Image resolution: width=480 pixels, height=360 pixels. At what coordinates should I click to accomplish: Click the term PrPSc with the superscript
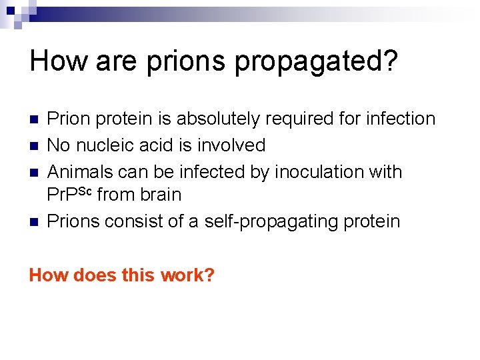(x=71, y=195)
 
